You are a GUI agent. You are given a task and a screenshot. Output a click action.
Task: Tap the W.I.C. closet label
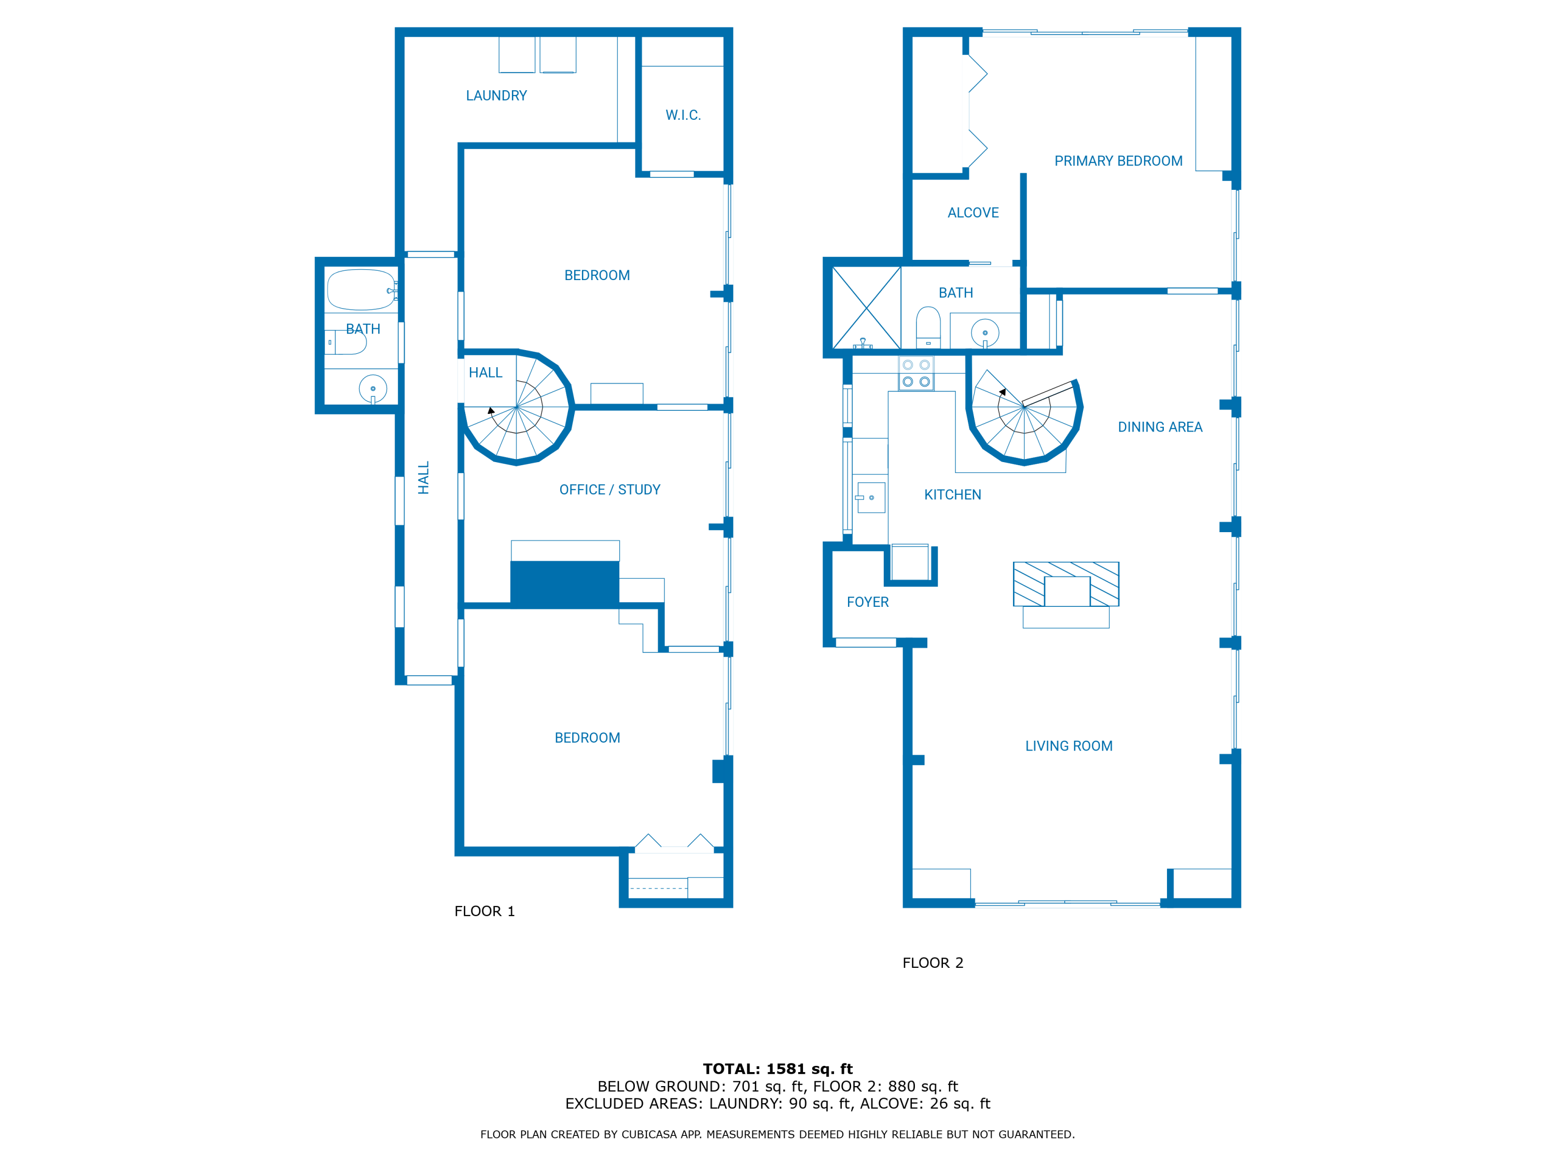tap(683, 115)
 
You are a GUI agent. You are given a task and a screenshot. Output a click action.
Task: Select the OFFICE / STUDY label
tap(610, 490)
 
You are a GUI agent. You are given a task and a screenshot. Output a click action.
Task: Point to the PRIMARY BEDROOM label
tap(1118, 161)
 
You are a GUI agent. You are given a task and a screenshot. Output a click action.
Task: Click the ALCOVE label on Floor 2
tap(973, 213)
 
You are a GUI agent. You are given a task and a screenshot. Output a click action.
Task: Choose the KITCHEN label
tap(952, 494)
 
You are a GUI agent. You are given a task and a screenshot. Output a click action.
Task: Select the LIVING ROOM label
tap(1068, 746)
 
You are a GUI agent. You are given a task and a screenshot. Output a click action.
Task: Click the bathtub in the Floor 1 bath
tap(361, 290)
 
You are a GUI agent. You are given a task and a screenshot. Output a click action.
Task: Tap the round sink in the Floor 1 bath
tap(373, 388)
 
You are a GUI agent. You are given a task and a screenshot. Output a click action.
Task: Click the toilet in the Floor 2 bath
tap(928, 326)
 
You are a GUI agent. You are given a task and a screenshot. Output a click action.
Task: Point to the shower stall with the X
tap(867, 308)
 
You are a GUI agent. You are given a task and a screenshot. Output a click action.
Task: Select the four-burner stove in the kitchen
tap(916, 373)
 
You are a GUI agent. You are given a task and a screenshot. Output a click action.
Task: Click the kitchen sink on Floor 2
tap(871, 497)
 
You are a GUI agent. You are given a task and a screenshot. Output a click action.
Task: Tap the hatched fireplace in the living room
tap(1066, 584)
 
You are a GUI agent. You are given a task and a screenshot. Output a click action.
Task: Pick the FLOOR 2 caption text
tap(933, 963)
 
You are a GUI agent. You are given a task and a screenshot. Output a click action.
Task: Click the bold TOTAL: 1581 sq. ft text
tap(777, 1069)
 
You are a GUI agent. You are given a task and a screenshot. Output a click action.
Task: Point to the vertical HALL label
tap(423, 478)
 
